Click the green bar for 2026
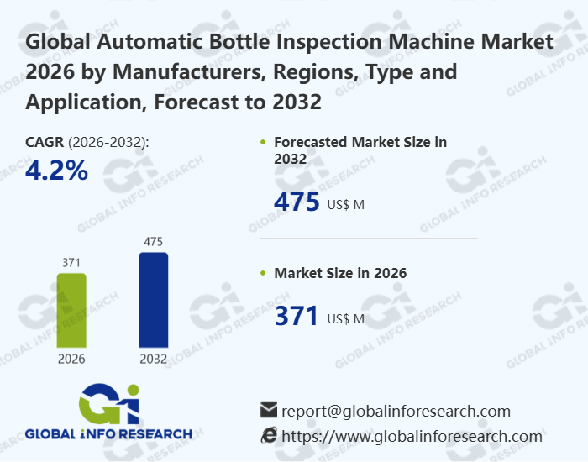point(71,310)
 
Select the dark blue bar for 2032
point(153,300)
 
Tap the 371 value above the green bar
point(71,263)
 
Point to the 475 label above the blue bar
point(153,242)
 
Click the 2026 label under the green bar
point(71,359)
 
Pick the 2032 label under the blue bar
point(153,359)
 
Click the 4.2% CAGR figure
point(57,171)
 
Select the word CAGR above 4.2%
point(45,142)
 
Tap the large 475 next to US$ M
point(297,202)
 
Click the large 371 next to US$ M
point(297,317)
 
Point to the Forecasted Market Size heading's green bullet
point(264,143)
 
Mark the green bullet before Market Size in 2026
point(264,274)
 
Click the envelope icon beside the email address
point(269,410)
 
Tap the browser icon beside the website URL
point(269,435)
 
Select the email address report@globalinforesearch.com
point(396,411)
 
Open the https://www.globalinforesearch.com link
point(412,436)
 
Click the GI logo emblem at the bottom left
point(108,404)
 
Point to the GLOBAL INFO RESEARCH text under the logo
point(108,434)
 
